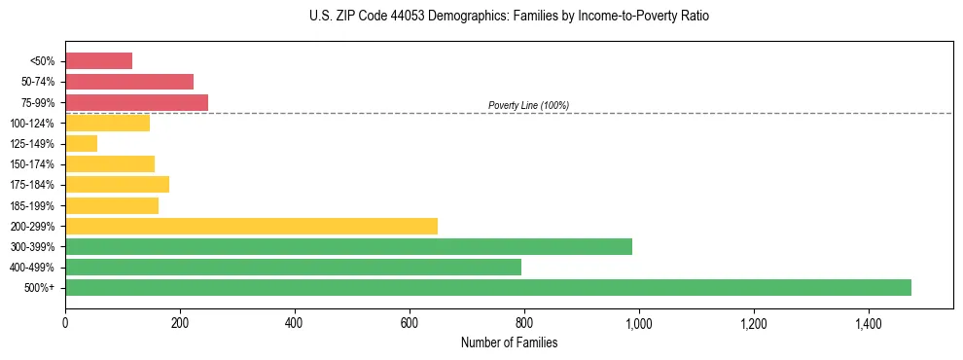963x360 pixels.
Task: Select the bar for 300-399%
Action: (x=348, y=246)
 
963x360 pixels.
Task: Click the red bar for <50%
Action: (x=98, y=61)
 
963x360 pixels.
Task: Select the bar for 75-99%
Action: (x=136, y=102)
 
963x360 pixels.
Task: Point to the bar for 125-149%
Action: (x=81, y=144)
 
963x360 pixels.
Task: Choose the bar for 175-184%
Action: (x=117, y=185)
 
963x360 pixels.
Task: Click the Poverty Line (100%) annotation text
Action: (x=528, y=105)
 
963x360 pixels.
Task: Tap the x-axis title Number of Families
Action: (x=509, y=343)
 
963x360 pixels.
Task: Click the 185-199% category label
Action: (x=36, y=205)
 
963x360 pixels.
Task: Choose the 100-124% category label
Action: (x=36, y=124)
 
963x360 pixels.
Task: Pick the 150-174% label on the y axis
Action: (x=36, y=164)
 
